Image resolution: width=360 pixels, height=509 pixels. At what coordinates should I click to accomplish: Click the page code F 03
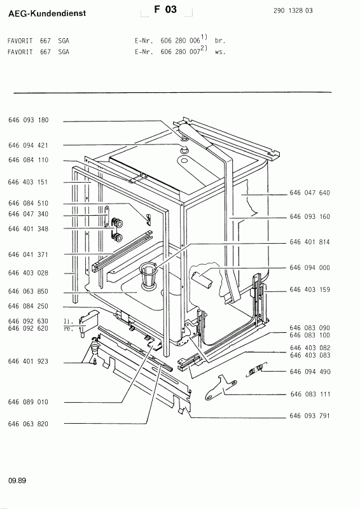pos(166,10)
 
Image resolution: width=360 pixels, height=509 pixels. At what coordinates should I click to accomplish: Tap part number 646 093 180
pos(29,120)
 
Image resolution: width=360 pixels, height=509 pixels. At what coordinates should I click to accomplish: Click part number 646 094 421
pos(29,145)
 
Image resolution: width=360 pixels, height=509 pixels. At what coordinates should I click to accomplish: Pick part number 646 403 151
pos(29,181)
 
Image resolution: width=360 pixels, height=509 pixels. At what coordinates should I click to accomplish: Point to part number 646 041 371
pos(29,254)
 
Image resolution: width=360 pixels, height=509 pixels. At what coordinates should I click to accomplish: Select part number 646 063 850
pos(29,292)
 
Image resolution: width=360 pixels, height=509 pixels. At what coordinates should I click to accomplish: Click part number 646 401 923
pos(29,361)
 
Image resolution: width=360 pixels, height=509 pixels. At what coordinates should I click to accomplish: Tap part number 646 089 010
pos(29,402)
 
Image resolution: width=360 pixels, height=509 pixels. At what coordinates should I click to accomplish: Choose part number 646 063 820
pos(29,424)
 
